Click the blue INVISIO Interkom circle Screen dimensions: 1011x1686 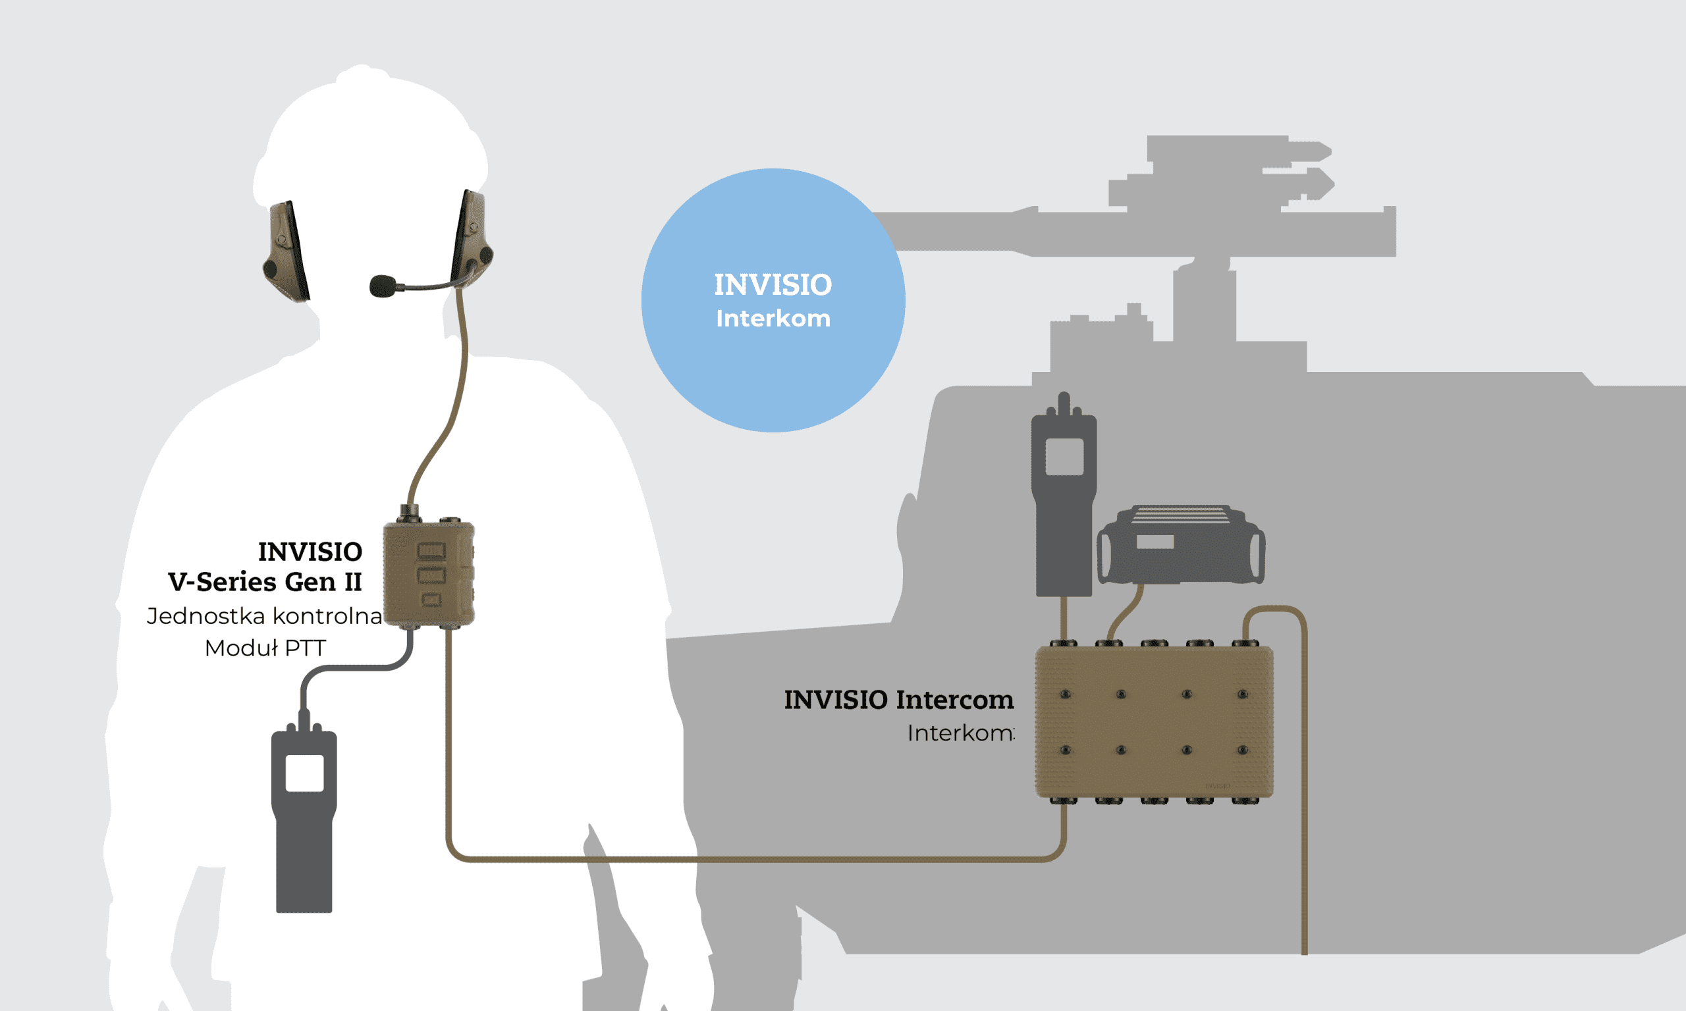(773, 300)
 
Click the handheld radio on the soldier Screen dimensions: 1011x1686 (304, 817)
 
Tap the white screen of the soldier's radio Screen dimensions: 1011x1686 (304, 773)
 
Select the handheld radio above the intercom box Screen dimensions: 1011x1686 (1064, 498)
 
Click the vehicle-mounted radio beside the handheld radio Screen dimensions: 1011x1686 (1181, 545)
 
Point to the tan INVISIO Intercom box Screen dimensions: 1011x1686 (1154, 722)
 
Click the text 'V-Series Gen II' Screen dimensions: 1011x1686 (265, 582)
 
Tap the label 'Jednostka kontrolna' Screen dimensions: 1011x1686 (264, 616)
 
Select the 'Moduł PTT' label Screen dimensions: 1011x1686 (265, 648)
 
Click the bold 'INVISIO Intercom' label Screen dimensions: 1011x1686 (898, 700)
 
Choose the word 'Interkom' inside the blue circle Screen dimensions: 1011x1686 (773, 319)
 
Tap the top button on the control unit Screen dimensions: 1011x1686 (431, 550)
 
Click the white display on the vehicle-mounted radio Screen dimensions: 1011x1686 (1155, 542)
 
